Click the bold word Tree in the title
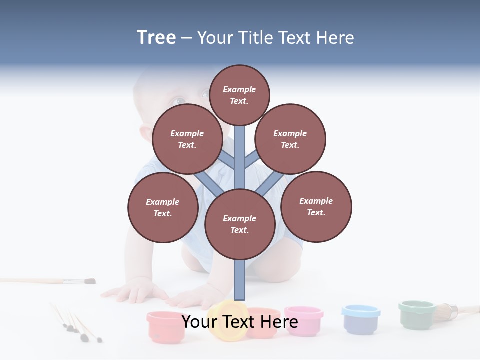pyautogui.click(x=156, y=37)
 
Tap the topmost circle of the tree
pyautogui.click(x=239, y=95)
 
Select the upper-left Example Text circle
pyautogui.click(x=187, y=139)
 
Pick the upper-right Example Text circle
pyautogui.click(x=290, y=139)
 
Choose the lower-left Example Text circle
pyautogui.click(x=162, y=207)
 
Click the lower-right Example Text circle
pyautogui.click(x=316, y=206)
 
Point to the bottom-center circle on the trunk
pyautogui.click(x=239, y=224)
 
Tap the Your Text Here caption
pyautogui.click(x=239, y=322)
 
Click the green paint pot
pyautogui.click(x=417, y=313)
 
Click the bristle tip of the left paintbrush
pyautogui.click(x=89, y=281)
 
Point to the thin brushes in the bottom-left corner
pyautogui.click(x=75, y=325)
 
